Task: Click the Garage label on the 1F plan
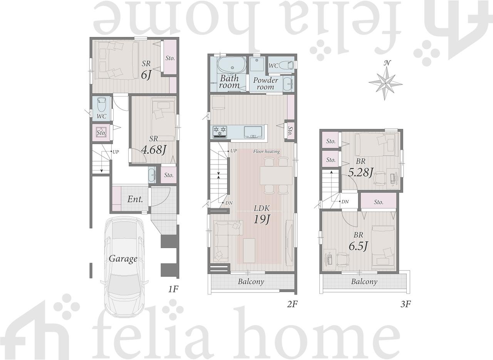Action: [123, 259]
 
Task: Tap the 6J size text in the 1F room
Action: [146, 75]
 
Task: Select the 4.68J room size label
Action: [153, 150]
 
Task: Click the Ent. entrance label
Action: [135, 199]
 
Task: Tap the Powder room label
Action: [265, 83]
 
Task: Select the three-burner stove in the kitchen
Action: [220, 132]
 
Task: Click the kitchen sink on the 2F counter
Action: [253, 132]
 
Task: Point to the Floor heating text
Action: [267, 151]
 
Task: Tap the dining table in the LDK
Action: [276, 176]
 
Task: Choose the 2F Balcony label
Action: [251, 282]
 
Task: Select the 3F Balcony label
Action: [364, 282]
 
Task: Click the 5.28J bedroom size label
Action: [361, 172]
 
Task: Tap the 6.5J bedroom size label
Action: [358, 246]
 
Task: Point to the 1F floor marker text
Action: [173, 289]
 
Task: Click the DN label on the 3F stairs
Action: [345, 202]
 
